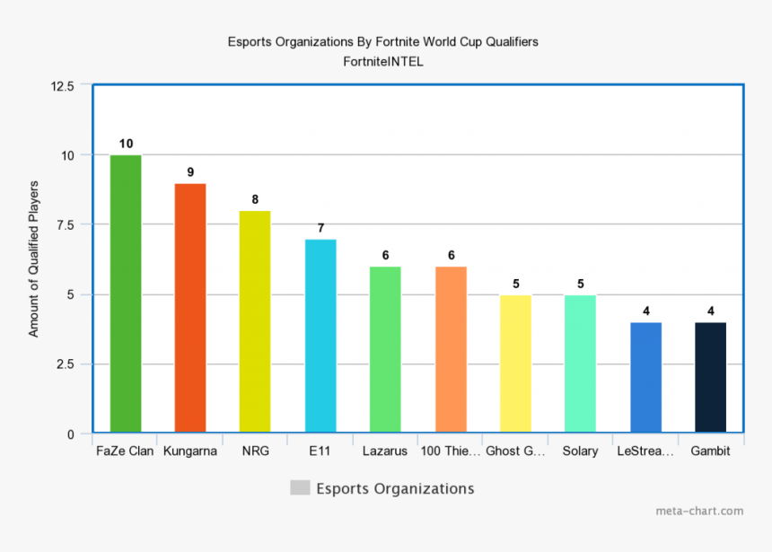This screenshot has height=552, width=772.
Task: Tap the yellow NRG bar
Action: coord(255,322)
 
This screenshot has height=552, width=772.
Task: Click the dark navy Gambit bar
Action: coord(710,378)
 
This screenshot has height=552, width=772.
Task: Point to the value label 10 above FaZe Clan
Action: coord(126,144)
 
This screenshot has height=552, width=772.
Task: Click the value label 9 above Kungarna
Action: coord(190,171)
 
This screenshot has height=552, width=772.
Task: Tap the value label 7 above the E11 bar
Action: coord(320,228)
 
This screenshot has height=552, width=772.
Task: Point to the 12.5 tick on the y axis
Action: coord(63,86)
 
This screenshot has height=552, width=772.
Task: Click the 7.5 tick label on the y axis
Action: coord(66,225)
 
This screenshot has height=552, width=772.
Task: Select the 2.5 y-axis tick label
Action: coord(66,364)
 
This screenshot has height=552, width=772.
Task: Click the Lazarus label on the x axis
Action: coord(385,451)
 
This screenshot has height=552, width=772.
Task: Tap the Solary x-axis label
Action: coord(580,451)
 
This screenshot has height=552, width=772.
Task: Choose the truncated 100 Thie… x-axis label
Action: coord(450,451)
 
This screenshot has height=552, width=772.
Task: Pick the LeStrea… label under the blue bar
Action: coord(645,451)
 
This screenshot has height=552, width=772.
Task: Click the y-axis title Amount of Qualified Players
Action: coord(34,259)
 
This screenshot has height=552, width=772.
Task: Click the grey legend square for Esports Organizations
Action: coord(300,488)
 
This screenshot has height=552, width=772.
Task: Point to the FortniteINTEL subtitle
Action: coord(382,62)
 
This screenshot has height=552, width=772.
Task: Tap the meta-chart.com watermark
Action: coord(699,512)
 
